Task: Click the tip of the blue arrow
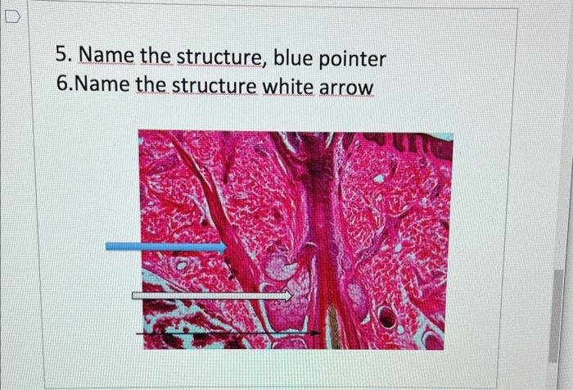point(225,247)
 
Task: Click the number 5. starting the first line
point(65,57)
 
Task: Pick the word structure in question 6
point(213,85)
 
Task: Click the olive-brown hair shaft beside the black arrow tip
point(332,326)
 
